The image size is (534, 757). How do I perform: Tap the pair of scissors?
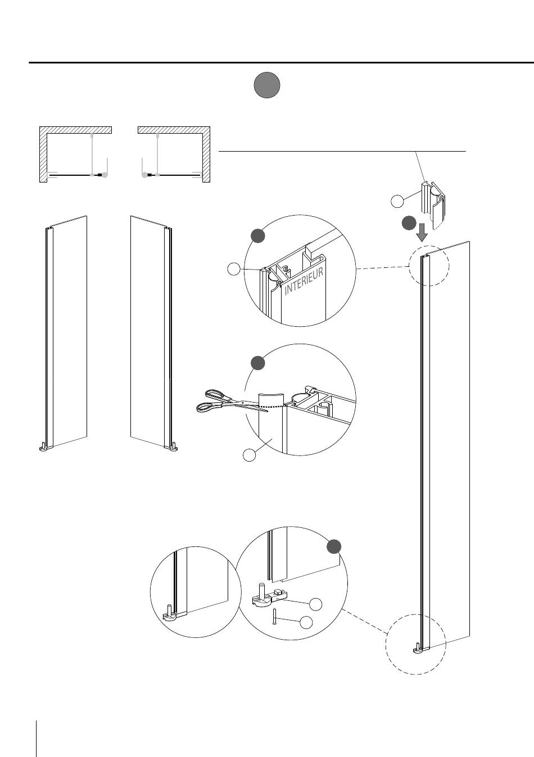click(232, 402)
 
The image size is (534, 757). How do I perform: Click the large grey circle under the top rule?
click(267, 85)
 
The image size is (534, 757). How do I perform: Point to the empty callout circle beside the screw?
click(306, 622)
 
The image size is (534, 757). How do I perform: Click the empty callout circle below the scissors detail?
click(250, 455)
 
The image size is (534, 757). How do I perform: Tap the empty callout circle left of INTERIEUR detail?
click(233, 270)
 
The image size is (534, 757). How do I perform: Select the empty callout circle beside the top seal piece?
click(397, 201)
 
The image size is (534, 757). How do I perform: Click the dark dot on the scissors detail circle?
click(257, 363)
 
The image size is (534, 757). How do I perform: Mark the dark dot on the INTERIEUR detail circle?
click(257, 235)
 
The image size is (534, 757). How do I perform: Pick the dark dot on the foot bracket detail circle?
click(334, 546)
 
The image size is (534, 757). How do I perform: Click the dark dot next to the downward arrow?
click(409, 223)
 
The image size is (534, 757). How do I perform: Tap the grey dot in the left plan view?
click(105, 175)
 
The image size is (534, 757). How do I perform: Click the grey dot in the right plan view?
click(145, 175)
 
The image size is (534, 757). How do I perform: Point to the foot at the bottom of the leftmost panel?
click(44, 447)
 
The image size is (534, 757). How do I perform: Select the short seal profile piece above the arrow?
click(433, 201)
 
